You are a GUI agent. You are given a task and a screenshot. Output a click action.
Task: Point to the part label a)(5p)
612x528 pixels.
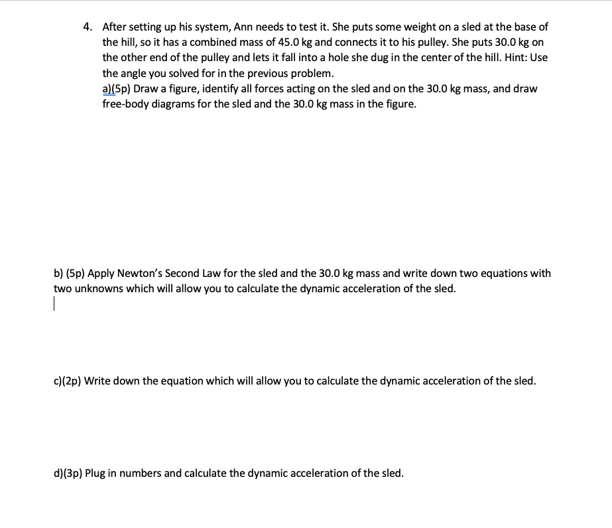click(117, 88)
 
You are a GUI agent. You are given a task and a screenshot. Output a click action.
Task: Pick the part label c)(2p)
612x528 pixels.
click(67, 381)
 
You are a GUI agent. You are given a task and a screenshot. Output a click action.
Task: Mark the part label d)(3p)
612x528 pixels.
click(68, 474)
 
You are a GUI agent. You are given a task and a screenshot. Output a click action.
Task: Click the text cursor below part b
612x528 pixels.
click(55, 305)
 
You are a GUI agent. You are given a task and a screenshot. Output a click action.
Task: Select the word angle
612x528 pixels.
click(135, 73)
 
